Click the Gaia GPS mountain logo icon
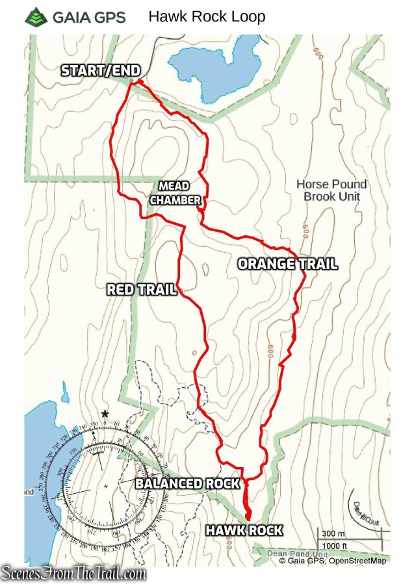click(36, 17)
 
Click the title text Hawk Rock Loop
click(207, 16)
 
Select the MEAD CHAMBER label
click(175, 194)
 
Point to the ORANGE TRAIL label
click(287, 264)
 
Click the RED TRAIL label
click(142, 290)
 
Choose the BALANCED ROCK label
click(187, 483)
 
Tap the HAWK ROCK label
click(244, 530)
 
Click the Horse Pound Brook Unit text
click(331, 190)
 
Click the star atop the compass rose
click(105, 414)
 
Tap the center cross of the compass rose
click(105, 486)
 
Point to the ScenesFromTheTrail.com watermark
click(74, 574)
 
